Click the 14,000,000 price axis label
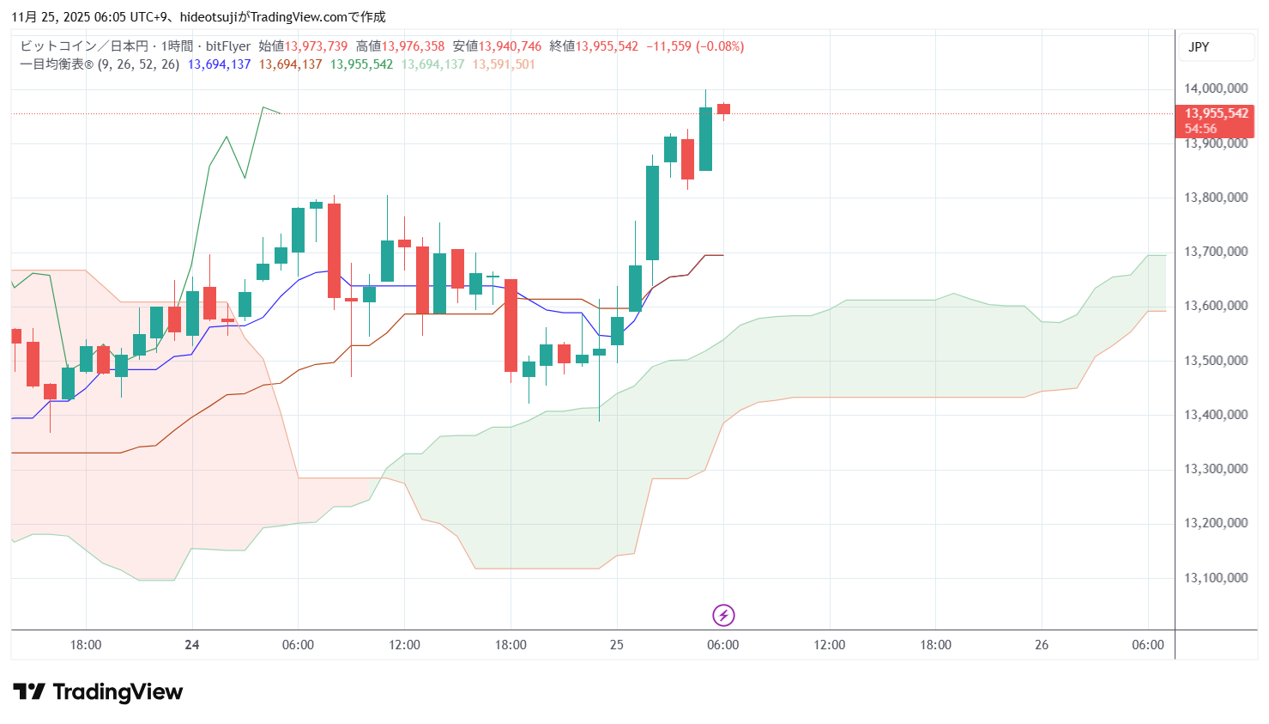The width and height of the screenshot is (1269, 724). point(1215,88)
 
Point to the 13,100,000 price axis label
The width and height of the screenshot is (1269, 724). point(1215,578)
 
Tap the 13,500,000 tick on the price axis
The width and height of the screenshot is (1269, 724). point(1215,361)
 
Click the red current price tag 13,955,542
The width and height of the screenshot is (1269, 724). point(1216,113)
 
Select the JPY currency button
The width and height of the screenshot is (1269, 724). point(1199,47)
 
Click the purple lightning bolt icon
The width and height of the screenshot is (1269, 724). point(723,615)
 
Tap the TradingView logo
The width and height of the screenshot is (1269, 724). point(98,692)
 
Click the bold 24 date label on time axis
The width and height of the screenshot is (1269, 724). point(192,645)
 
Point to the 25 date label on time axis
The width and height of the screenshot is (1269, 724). point(617,645)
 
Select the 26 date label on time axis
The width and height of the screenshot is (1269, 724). point(1042,645)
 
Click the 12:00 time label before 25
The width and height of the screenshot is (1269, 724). point(404,645)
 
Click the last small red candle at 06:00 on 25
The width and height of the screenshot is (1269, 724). point(723,109)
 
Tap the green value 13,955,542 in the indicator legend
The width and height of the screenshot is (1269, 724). point(361,64)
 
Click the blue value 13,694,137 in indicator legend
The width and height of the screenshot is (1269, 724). point(219,64)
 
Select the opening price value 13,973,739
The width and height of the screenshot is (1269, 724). point(316,46)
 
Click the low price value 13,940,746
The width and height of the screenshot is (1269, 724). point(510,46)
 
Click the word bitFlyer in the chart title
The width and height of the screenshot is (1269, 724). point(228,46)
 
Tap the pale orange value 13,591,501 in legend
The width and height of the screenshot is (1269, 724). point(504,64)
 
